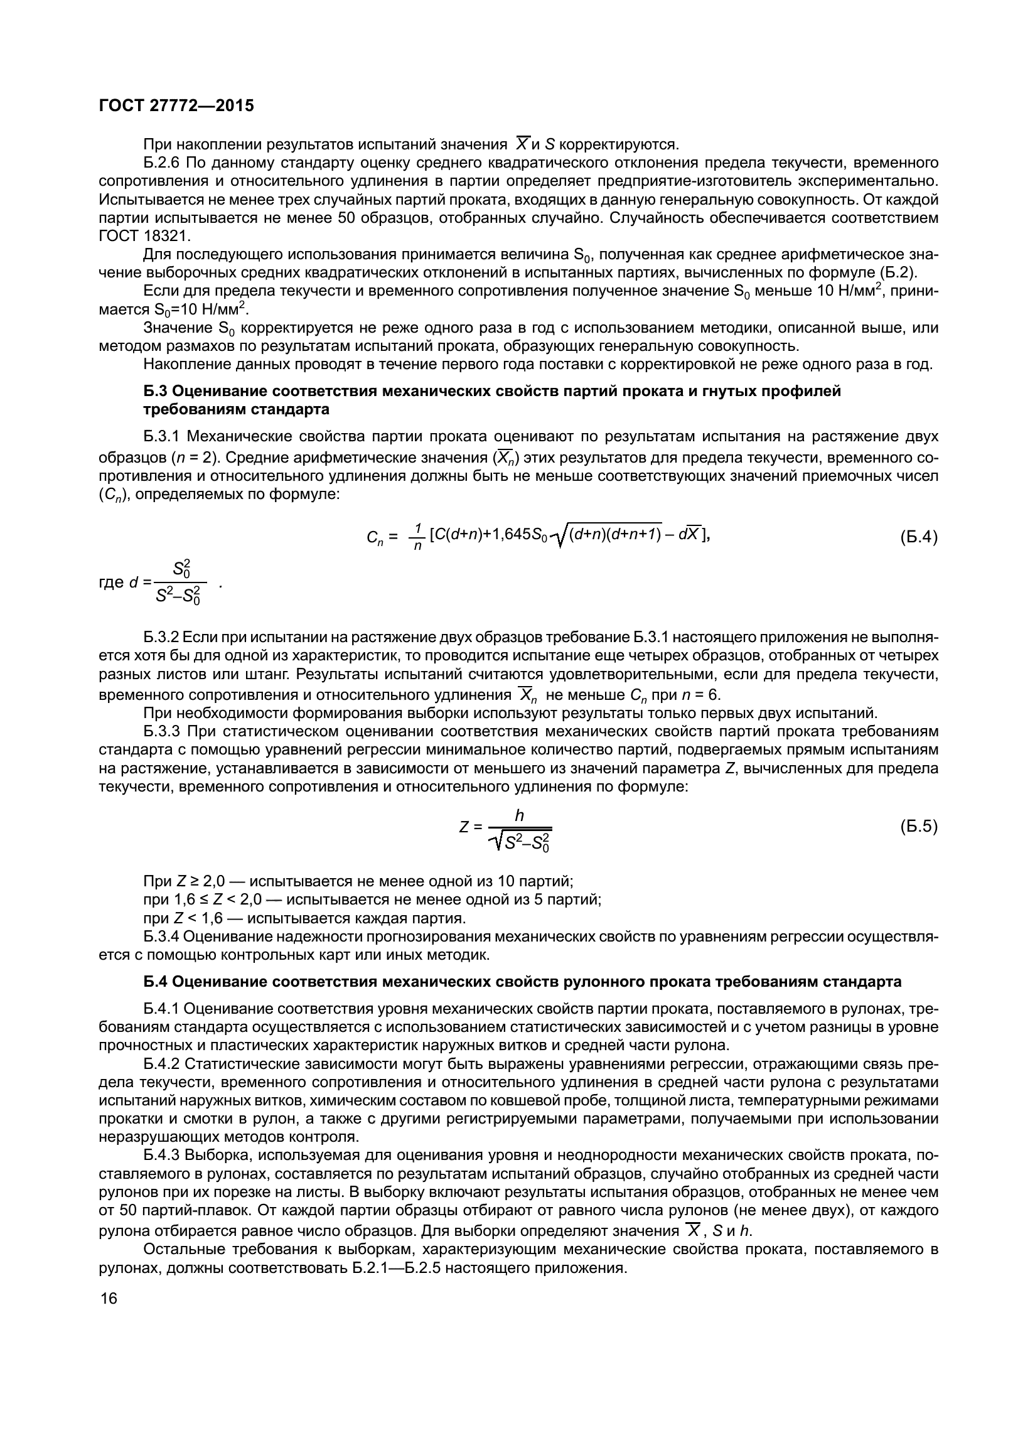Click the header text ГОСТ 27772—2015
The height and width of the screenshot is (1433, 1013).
(176, 106)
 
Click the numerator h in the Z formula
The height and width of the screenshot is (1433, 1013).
(519, 815)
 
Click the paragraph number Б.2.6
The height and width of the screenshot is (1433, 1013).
(161, 163)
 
